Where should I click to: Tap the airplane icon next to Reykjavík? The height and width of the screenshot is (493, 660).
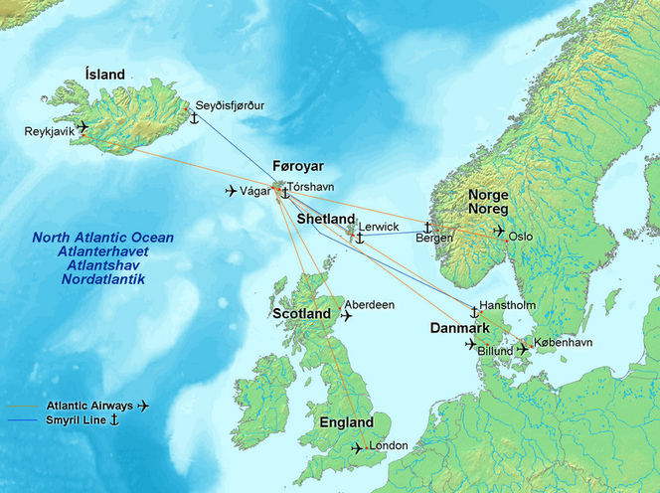(82, 126)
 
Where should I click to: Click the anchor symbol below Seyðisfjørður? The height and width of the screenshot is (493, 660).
(195, 119)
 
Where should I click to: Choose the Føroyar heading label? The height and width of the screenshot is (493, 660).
(299, 166)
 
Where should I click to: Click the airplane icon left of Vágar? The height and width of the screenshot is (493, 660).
(232, 191)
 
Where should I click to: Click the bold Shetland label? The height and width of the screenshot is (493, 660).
(325, 219)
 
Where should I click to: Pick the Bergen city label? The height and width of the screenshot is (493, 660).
(434, 238)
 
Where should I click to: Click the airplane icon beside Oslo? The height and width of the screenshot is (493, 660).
(499, 231)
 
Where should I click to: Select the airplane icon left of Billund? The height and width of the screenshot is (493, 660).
(470, 345)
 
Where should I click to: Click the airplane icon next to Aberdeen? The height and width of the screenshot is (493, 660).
(347, 316)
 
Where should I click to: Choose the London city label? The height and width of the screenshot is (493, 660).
(388, 445)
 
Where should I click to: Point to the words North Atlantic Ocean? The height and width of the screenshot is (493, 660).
(102, 239)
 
